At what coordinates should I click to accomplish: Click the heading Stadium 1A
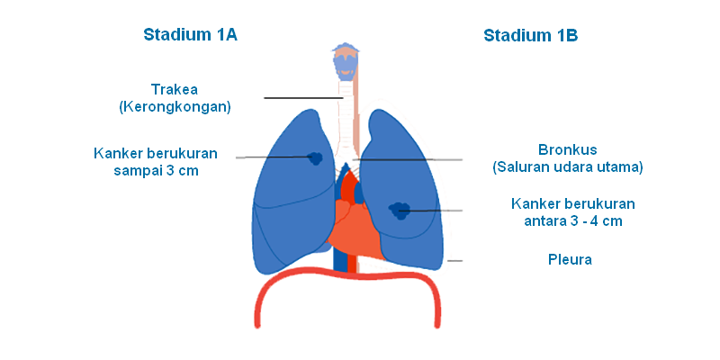click(x=190, y=34)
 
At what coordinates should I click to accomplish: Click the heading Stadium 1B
click(x=530, y=35)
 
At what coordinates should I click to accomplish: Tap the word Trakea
click(x=175, y=89)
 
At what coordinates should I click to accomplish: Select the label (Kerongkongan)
click(x=175, y=107)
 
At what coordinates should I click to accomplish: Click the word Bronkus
click(x=568, y=150)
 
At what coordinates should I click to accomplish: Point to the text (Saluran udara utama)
click(x=568, y=167)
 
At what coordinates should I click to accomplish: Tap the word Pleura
click(x=570, y=259)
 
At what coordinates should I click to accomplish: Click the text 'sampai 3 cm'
click(x=156, y=171)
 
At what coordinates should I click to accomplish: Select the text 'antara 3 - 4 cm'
click(x=573, y=221)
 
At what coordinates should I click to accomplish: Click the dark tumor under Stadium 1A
click(x=316, y=158)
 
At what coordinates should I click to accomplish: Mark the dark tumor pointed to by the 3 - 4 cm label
click(x=400, y=211)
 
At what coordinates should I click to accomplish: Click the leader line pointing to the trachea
click(x=303, y=98)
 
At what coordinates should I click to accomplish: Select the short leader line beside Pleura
click(x=455, y=261)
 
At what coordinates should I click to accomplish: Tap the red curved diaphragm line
click(x=347, y=275)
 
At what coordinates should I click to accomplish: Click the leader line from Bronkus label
click(x=408, y=160)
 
